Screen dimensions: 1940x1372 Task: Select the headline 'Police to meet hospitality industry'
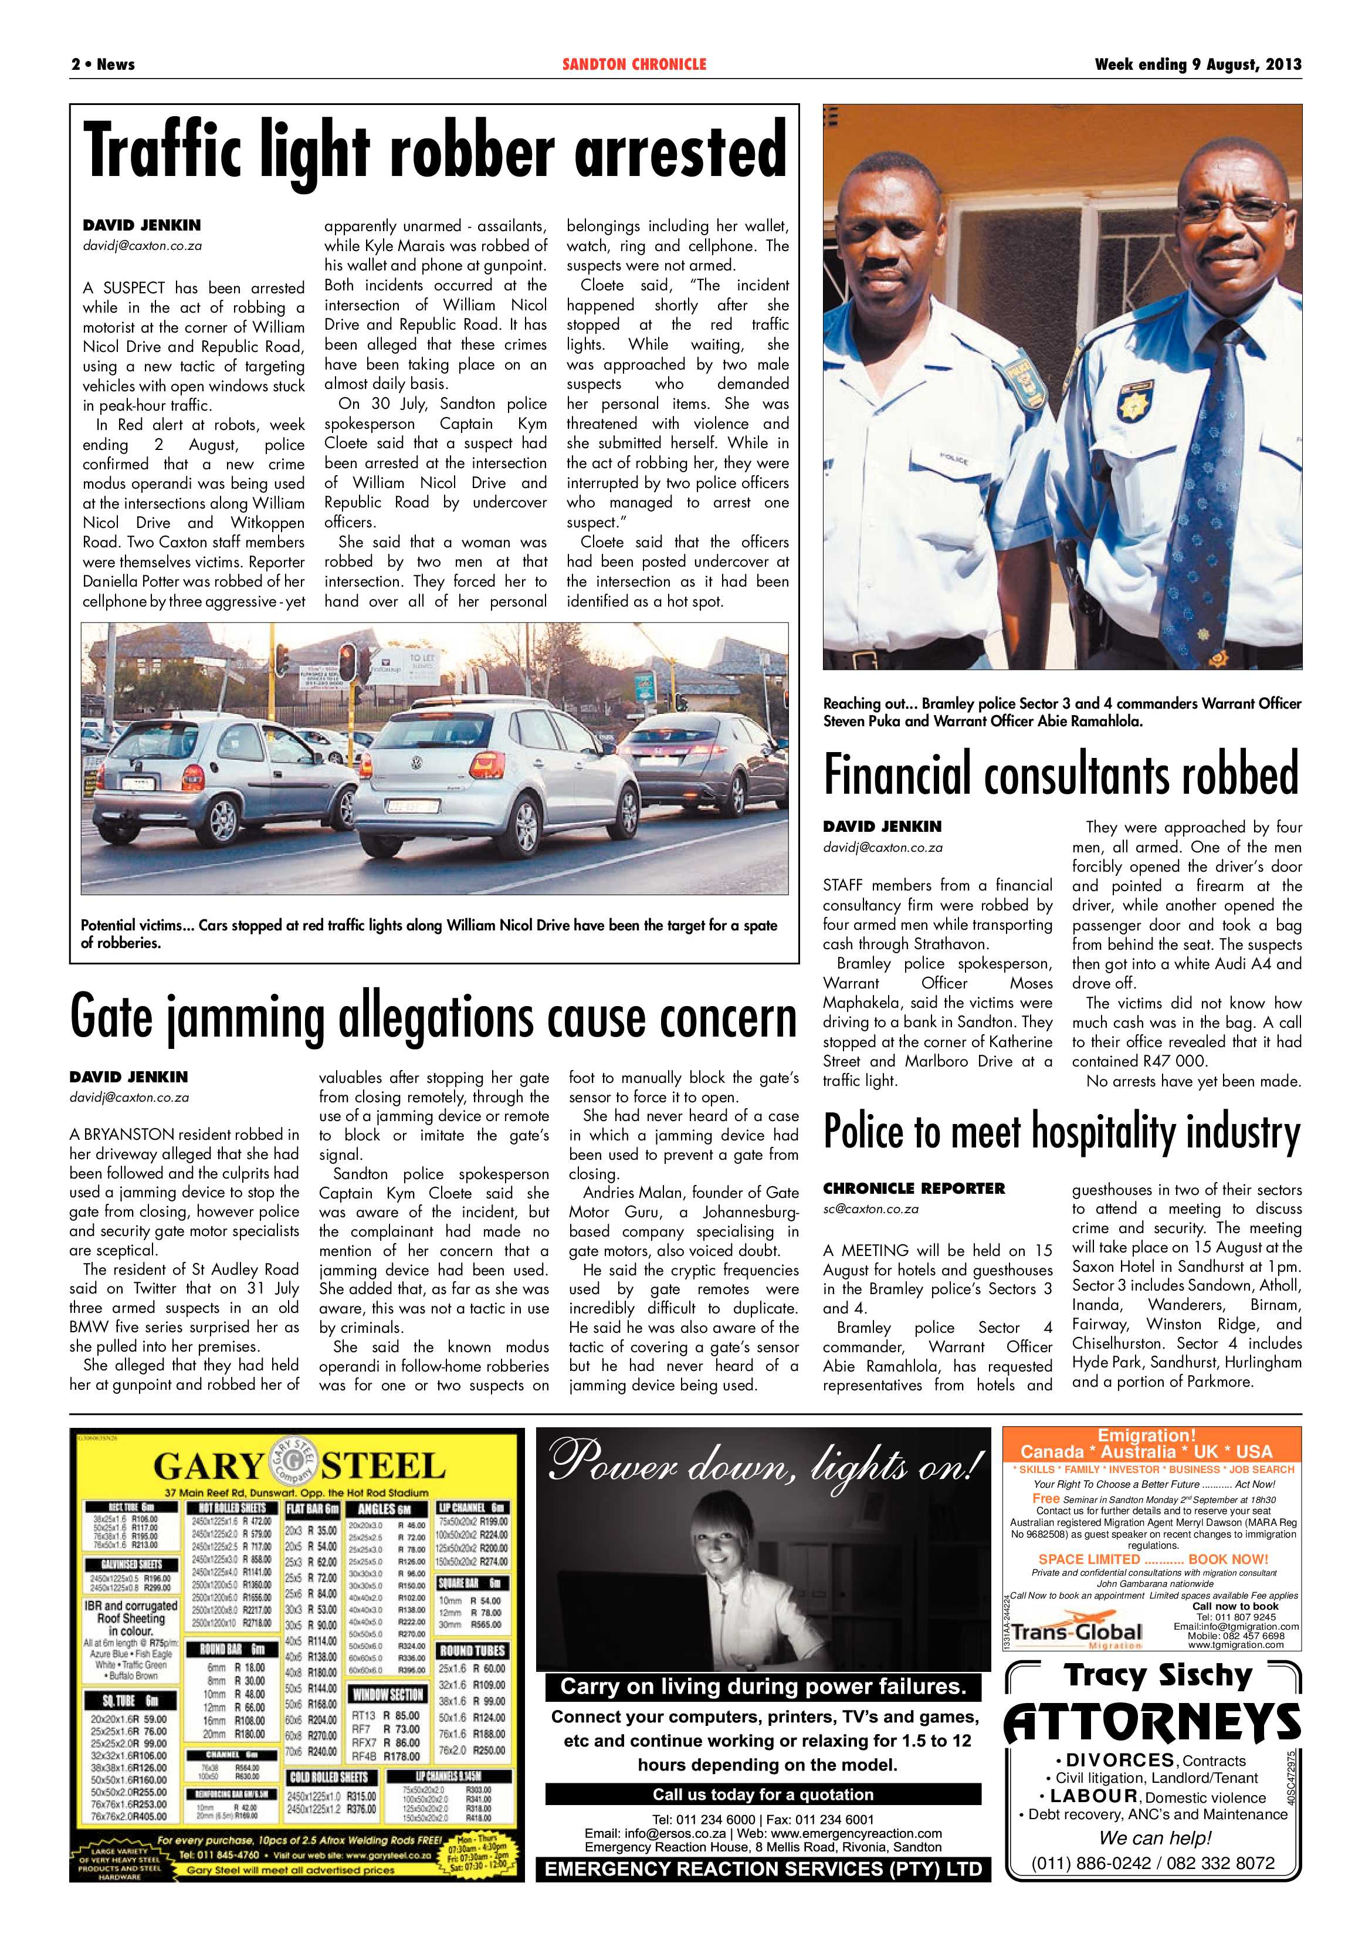pos(1061,1132)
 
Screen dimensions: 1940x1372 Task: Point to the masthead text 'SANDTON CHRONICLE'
pos(634,64)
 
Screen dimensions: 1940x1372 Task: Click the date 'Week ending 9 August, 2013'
pos(1197,64)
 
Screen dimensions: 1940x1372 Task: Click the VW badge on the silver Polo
pos(416,763)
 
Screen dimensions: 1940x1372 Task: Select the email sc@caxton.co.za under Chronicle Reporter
pos(870,1209)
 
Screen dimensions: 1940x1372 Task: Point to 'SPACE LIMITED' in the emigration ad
pos(1089,1559)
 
